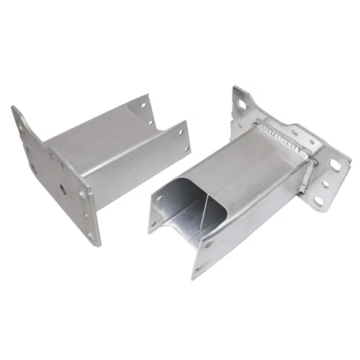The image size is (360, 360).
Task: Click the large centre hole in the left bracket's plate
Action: click(x=64, y=190)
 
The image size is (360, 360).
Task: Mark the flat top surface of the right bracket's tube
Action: click(x=248, y=155)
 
